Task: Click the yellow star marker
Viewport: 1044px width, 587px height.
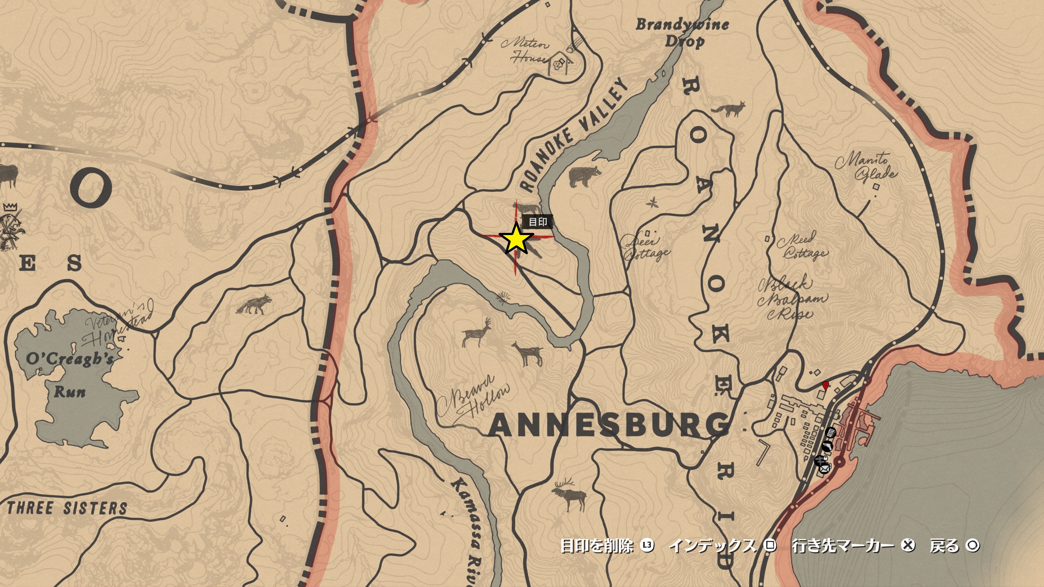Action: pyautogui.click(x=516, y=239)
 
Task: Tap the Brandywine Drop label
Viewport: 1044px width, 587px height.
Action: pyautogui.click(x=682, y=32)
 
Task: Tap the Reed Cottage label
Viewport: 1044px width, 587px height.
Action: pyautogui.click(x=802, y=246)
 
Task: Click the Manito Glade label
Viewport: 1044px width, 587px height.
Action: pyautogui.click(x=865, y=166)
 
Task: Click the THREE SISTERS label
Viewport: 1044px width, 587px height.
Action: pyautogui.click(x=67, y=508)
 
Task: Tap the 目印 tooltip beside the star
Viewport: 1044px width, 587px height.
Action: pyautogui.click(x=538, y=222)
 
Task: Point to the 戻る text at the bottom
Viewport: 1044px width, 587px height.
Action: pyautogui.click(x=944, y=546)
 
